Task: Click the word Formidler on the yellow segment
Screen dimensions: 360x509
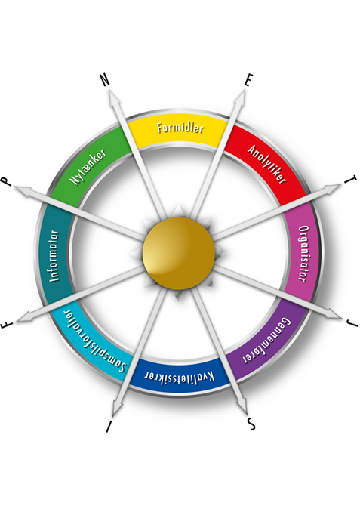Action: [180, 128]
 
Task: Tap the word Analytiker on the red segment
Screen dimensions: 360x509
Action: [267, 165]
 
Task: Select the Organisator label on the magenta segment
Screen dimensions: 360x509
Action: [304, 254]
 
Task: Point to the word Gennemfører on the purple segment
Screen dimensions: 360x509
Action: [267, 341]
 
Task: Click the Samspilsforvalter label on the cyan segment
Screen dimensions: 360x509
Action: [94, 341]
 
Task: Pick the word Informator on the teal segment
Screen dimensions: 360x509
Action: [54, 256]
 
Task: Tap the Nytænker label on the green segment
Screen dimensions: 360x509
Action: [88, 167]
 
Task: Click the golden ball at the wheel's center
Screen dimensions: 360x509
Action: [179, 253]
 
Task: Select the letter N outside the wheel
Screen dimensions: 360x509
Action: [105, 80]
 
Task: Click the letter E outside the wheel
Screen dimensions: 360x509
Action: [248, 80]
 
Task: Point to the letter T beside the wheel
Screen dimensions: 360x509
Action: [351, 180]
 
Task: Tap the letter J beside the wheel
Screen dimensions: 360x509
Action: [352, 322]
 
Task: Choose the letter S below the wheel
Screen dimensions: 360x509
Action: [251, 424]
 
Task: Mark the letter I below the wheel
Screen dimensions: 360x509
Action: [109, 426]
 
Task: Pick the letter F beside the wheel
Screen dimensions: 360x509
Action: [7, 325]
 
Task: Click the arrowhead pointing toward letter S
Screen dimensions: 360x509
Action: [242, 406]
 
